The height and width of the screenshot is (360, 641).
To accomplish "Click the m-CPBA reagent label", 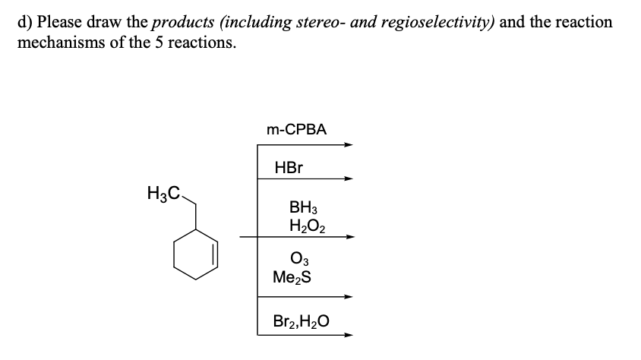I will (x=297, y=129).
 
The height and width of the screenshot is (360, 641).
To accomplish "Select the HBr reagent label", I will (x=289, y=167).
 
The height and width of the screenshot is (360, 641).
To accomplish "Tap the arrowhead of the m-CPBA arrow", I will (x=349, y=145).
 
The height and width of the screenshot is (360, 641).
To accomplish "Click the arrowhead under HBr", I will (x=349, y=180).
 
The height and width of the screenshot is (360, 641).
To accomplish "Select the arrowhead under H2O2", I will (x=349, y=238).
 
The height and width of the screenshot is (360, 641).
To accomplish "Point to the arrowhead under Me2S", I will (x=349, y=297).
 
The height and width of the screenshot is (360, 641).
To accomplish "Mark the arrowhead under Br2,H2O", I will (x=349, y=334).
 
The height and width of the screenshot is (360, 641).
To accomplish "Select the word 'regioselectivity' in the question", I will (x=433, y=22).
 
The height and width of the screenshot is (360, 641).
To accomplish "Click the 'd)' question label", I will (x=24, y=22).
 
